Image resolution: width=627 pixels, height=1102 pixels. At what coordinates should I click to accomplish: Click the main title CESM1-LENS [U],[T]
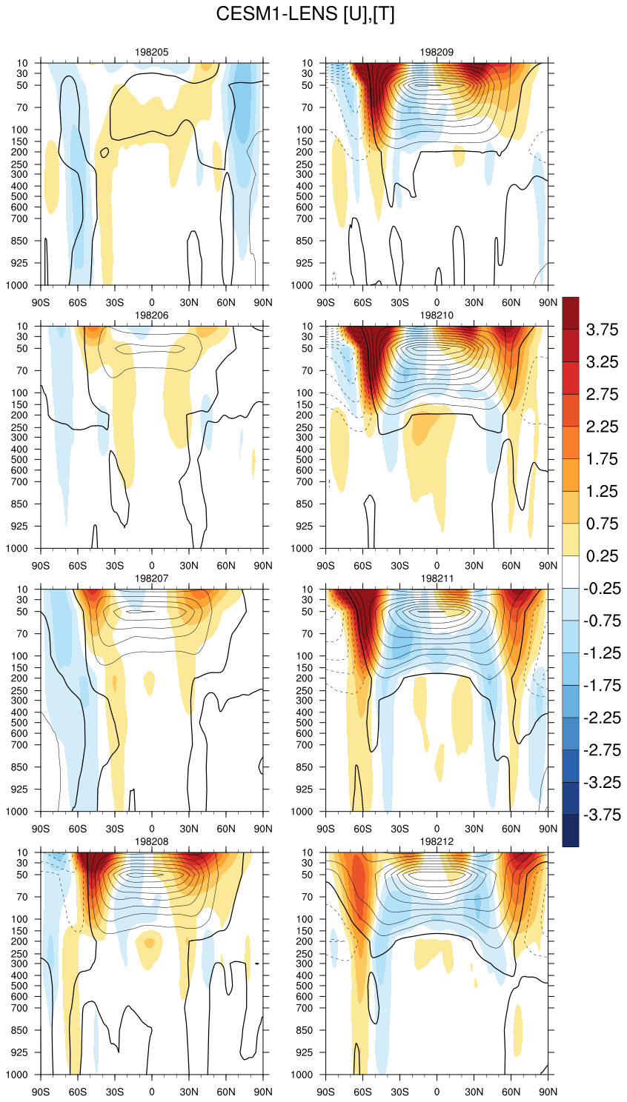click(305, 14)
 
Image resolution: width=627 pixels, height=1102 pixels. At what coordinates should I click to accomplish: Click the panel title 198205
click(152, 53)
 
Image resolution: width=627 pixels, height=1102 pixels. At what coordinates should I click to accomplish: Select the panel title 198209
click(437, 53)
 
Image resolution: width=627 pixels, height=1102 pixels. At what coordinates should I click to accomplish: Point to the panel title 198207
click(152, 578)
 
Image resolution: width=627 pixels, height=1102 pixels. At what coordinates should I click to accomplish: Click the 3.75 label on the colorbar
click(602, 330)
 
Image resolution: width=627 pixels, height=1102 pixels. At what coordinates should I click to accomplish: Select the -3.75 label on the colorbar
click(602, 815)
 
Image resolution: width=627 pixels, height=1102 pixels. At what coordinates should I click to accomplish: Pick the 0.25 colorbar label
click(602, 556)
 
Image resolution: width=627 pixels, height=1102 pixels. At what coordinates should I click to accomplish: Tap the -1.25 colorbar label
click(602, 653)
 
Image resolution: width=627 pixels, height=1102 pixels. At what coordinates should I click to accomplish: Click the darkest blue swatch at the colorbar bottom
click(571, 830)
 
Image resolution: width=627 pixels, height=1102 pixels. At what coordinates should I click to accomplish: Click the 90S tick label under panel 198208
click(41, 1092)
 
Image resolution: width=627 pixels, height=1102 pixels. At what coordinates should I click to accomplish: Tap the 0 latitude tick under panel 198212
click(437, 1092)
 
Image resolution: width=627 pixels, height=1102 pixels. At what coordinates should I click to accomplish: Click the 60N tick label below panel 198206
click(226, 566)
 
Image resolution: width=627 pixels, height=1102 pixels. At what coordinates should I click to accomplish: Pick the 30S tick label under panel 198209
click(399, 303)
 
